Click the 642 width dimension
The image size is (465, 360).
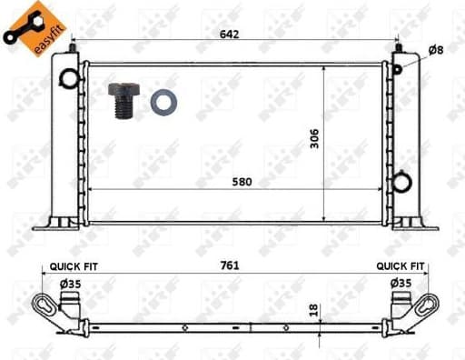(238, 33)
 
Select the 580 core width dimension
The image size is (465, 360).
(242, 181)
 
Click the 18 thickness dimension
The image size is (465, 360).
(314, 310)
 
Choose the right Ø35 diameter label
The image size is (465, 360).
(401, 284)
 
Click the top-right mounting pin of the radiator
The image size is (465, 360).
(398, 45)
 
